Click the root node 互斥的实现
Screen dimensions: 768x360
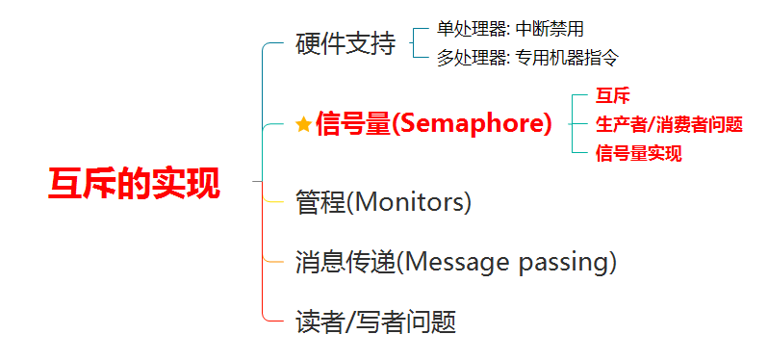point(134,183)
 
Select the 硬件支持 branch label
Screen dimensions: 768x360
point(346,43)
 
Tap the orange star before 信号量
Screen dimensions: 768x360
point(304,125)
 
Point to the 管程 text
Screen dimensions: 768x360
point(320,202)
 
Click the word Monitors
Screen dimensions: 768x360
point(408,202)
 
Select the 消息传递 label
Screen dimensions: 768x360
point(346,262)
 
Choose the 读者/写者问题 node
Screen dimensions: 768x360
point(375,322)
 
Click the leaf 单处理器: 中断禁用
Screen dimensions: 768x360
point(510,30)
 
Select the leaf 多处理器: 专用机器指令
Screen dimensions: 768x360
point(528,59)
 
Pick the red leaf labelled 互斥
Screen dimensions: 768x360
point(612,96)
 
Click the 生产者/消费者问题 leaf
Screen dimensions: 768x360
point(669,125)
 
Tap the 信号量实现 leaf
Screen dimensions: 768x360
point(638,153)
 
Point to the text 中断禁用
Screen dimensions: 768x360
point(550,30)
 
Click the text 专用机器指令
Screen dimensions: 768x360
point(568,59)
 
